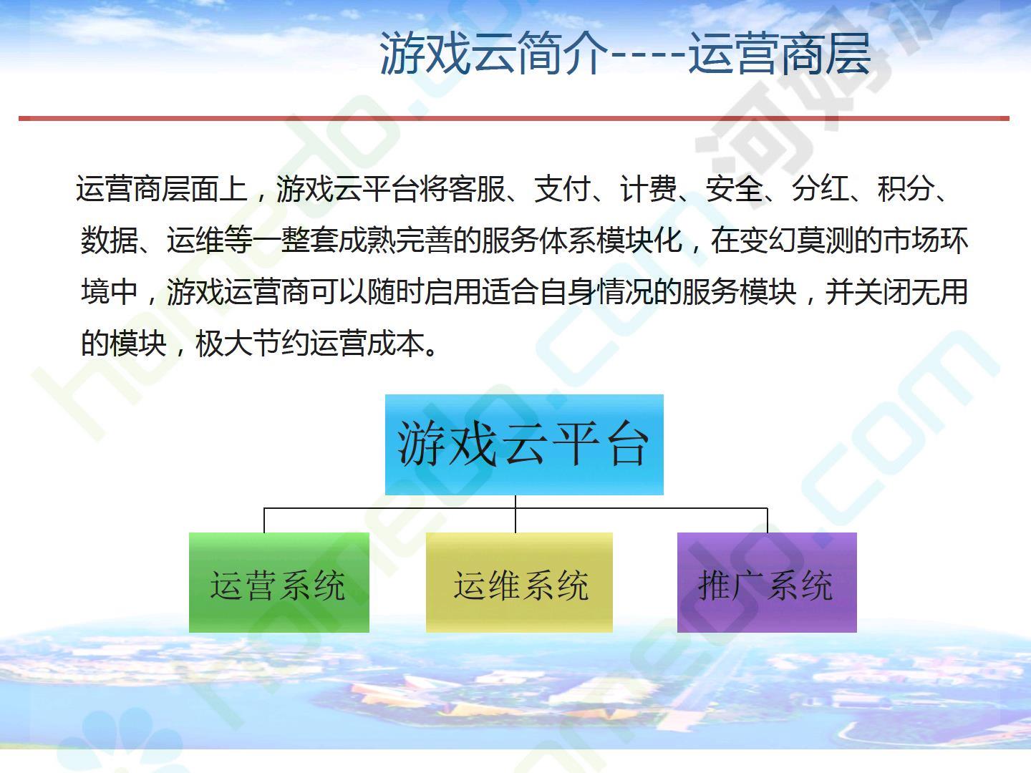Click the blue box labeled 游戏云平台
(524, 444)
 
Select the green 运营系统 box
(279, 583)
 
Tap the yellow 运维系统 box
(519, 583)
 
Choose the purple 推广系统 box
(767, 583)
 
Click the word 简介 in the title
(558, 53)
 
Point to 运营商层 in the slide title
(780, 53)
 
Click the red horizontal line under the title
(514, 118)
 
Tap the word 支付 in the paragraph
(562, 189)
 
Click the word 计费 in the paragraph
(648, 189)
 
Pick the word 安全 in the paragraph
(734, 189)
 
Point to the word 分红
(820, 189)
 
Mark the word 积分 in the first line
(906, 189)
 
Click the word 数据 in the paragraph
(110, 240)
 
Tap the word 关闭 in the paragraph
(883, 292)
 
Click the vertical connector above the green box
(264, 520)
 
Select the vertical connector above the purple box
(768, 520)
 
